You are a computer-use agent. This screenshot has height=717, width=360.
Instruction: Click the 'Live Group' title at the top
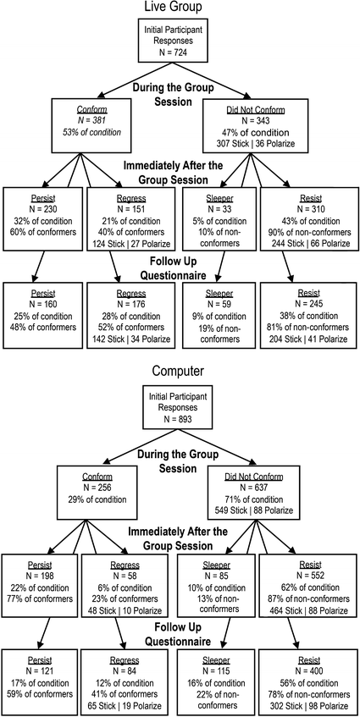coord(180,8)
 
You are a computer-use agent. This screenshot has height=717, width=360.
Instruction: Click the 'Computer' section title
coord(180,371)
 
